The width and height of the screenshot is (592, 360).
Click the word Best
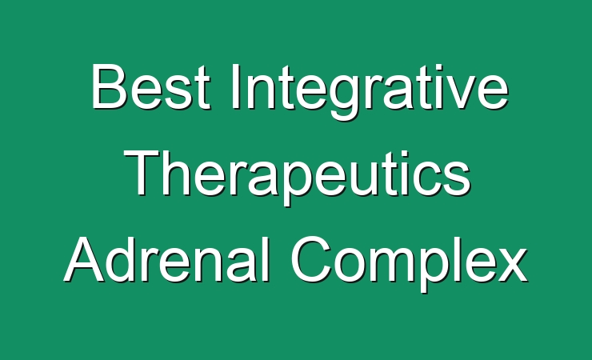tap(150, 86)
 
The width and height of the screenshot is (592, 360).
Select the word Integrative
tap(370, 92)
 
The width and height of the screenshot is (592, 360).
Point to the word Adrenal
tap(168, 259)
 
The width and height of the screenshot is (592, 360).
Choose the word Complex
tap(409, 264)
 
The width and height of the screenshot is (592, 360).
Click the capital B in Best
tap(108, 86)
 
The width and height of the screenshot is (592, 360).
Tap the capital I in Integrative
tap(235, 86)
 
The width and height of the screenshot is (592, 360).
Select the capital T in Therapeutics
tap(142, 173)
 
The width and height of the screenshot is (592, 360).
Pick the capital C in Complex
tap(310, 259)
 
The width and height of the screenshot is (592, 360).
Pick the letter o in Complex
tap(351, 266)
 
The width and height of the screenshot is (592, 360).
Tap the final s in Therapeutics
tap(457, 178)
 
